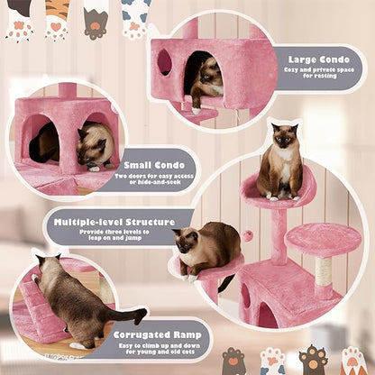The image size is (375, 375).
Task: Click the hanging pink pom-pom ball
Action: click(x=246, y=235)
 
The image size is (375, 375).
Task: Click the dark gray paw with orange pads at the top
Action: click(x=96, y=20)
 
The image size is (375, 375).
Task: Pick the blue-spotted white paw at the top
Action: click(x=135, y=18)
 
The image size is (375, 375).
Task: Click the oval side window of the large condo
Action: click(x=164, y=61)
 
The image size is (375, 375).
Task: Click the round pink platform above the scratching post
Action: click(x=323, y=239)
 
